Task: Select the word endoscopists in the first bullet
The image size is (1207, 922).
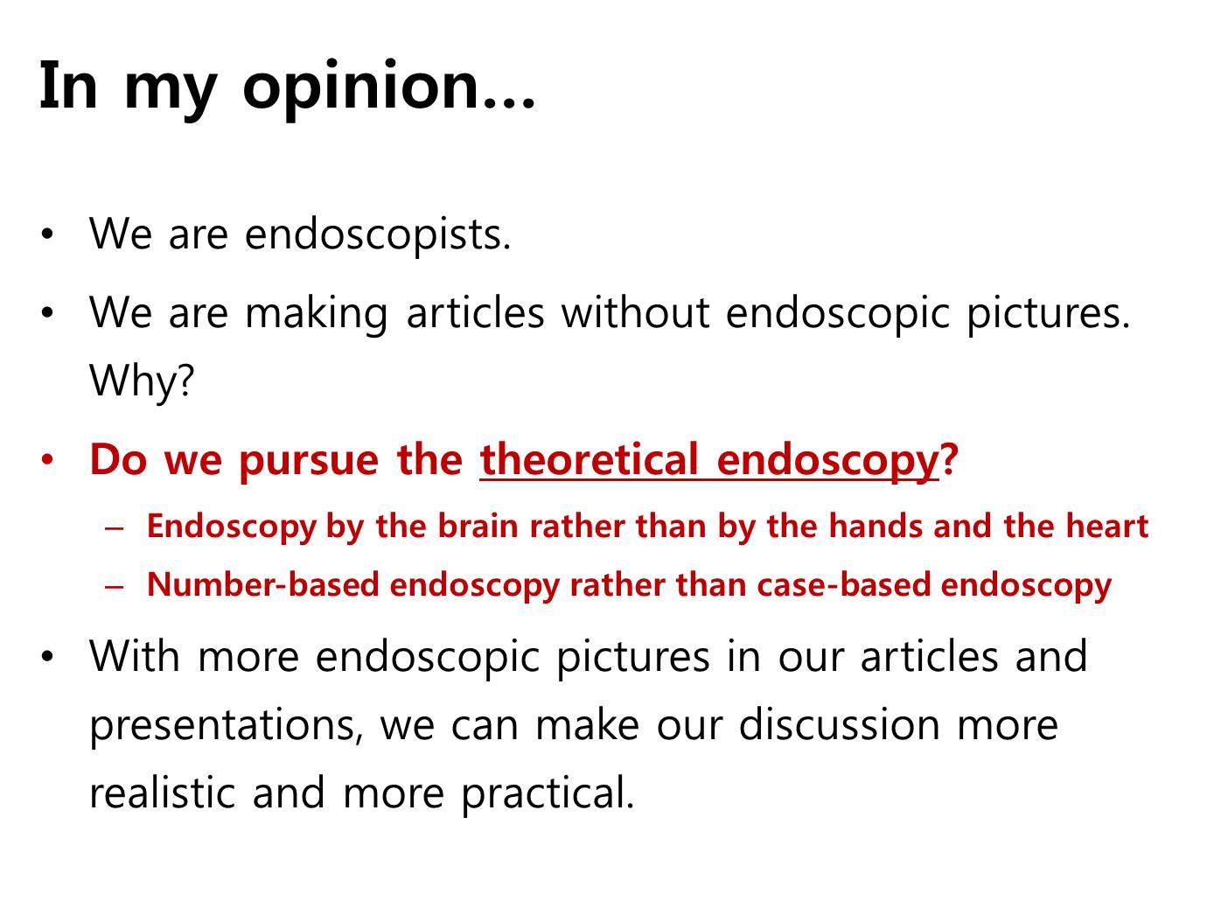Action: (377, 234)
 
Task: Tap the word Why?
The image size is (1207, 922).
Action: (142, 381)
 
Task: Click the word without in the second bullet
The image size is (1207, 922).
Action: (635, 313)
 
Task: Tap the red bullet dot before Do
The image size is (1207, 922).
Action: (47, 459)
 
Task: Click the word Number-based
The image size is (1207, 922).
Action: (263, 584)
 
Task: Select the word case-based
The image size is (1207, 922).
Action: (843, 584)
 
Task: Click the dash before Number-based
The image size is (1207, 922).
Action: (115, 587)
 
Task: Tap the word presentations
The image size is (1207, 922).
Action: (226, 726)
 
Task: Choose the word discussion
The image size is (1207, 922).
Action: (840, 725)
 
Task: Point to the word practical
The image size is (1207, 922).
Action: (548, 795)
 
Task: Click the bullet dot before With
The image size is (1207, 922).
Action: (47, 656)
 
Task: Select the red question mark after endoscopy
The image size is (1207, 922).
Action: (949, 458)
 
